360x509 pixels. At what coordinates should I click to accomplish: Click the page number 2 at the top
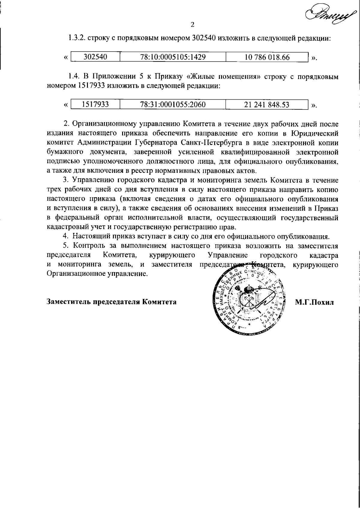tap(193, 24)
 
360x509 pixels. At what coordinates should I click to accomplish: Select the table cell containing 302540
tap(95, 57)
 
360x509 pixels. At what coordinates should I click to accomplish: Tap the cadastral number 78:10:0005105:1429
tap(173, 57)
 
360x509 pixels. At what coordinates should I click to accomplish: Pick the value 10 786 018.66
tap(267, 57)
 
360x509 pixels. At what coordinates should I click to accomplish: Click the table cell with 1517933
tap(95, 104)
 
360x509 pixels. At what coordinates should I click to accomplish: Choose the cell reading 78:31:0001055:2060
tap(173, 104)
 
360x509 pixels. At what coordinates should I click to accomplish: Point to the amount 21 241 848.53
tap(267, 104)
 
